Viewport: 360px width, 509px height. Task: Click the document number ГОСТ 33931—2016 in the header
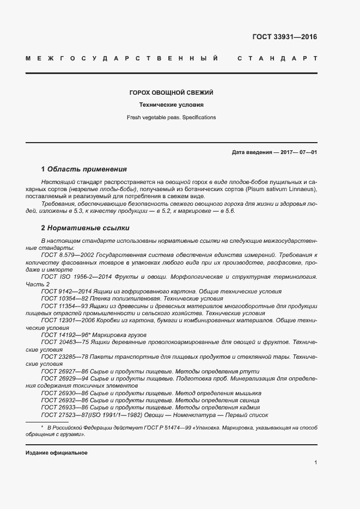[x=284, y=38]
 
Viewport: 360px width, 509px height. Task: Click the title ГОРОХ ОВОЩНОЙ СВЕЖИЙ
[x=171, y=93]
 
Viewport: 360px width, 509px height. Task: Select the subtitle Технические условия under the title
[x=171, y=105]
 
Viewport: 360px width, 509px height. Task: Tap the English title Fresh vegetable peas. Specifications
[x=171, y=117]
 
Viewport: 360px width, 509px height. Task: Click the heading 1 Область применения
[x=84, y=169]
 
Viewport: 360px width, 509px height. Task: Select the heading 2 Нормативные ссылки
[x=86, y=228]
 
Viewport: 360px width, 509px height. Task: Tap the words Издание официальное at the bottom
[x=56, y=453]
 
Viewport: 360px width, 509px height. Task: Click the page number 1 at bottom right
[x=315, y=462]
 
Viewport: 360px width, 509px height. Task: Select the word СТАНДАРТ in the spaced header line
[x=277, y=58]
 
